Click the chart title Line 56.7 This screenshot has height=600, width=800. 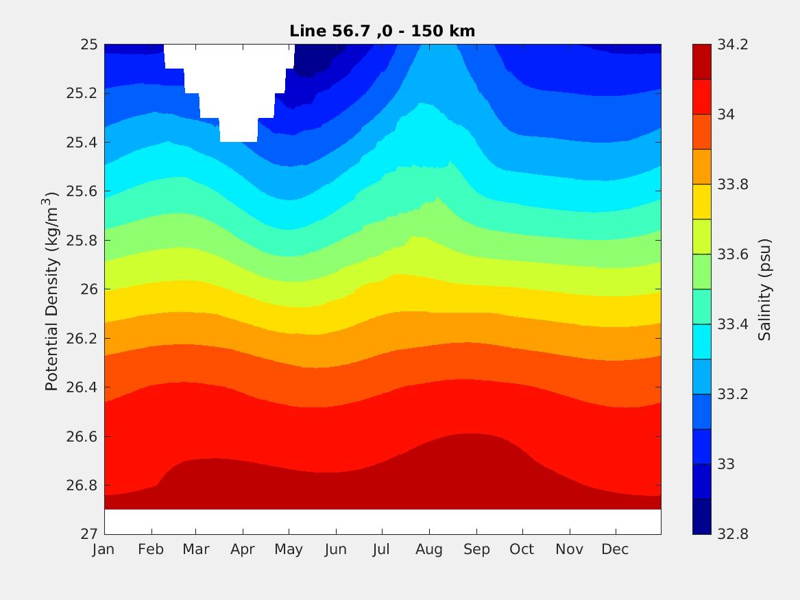[382, 31]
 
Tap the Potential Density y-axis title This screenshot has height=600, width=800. [52, 291]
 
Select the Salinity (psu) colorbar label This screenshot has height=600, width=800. [765, 289]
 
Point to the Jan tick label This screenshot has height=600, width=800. [103, 550]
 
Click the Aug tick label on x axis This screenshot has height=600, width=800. [429, 550]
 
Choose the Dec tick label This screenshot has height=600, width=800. [616, 550]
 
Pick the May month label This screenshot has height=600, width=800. [289, 550]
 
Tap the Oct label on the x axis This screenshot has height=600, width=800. [522, 550]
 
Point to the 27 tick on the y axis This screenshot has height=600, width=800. [89, 534]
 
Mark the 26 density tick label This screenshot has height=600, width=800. [89, 289]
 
